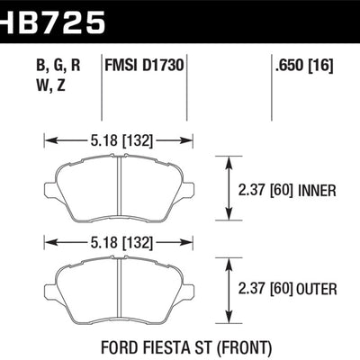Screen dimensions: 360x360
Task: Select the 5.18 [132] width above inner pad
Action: [118, 139]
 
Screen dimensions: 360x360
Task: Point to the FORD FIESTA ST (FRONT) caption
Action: [179, 346]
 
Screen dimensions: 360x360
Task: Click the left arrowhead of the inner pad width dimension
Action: [48, 139]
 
